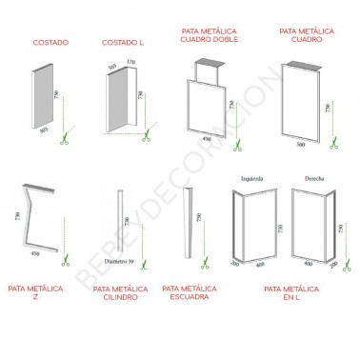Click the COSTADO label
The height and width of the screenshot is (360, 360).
50,43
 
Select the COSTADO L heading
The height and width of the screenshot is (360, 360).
124,43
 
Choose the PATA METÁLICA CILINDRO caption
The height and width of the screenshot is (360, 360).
123,292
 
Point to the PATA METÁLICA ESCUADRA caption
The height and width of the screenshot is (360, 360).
193,292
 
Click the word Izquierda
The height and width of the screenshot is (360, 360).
252,177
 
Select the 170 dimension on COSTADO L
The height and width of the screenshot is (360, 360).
130,64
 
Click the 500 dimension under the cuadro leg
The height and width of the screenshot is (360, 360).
301,145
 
